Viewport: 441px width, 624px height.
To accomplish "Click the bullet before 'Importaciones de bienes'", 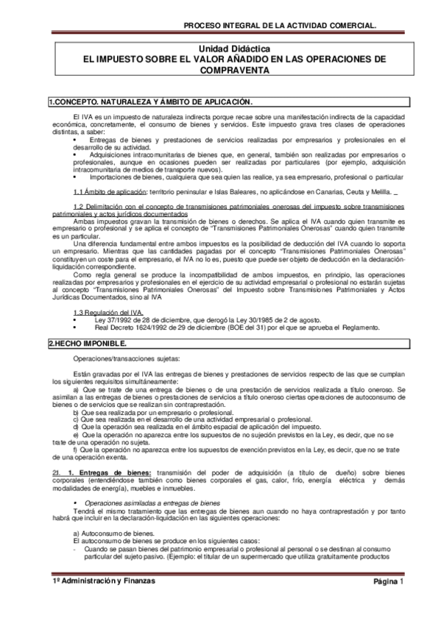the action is pyautogui.click(x=75, y=177).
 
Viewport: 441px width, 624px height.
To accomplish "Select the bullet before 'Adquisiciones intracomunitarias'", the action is pyautogui.click(x=75, y=155).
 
